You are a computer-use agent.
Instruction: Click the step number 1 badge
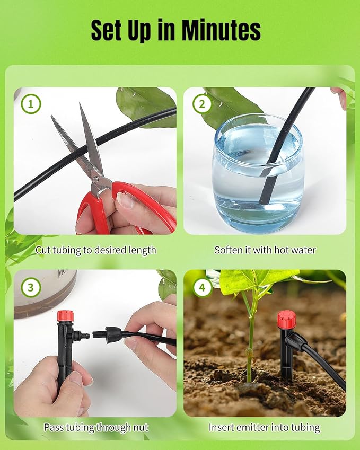[31, 104]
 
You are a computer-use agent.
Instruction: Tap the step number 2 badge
[201, 104]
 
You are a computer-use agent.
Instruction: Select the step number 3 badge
[31, 288]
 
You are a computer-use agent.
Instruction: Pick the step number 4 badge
[201, 288]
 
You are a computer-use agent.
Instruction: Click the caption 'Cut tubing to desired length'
[96, 250]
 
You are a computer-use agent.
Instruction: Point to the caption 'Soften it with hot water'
[265, 250]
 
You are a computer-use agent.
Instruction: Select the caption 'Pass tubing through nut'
[96, 427]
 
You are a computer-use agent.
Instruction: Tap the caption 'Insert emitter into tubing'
[265, 427]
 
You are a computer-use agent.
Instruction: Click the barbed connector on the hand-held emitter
[81, 335]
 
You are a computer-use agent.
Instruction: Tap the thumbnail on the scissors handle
[126, 200]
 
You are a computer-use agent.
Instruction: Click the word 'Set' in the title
[109, 30]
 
